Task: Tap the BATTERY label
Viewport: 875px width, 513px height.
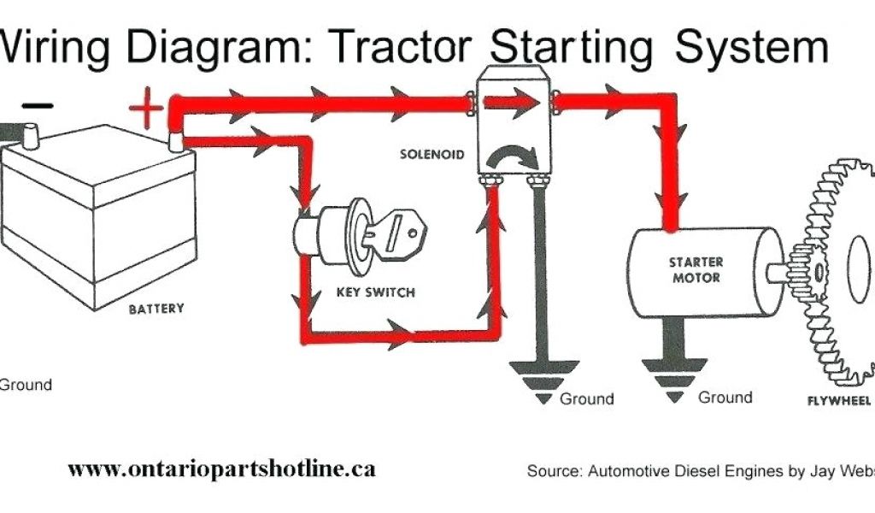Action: pos(156,308)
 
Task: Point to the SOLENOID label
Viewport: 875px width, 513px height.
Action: pos(432,155)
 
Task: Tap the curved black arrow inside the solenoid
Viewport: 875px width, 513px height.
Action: pos(512,154)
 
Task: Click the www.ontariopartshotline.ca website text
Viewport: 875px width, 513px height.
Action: pos(221,469)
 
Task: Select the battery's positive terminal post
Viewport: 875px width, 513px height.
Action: pos(175,141)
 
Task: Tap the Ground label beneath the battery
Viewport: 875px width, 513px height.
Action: pos(26,385)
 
